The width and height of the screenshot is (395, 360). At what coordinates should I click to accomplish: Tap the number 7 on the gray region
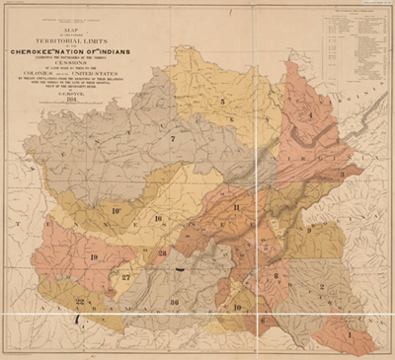click(172, 139)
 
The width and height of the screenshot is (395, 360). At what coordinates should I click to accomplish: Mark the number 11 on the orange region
click(237, 207)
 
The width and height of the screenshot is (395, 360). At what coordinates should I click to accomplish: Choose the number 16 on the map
click(157, 219)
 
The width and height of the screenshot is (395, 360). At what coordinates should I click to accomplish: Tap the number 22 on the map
click(80, 301)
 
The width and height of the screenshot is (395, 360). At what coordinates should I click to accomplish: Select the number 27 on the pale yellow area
click(126, 278)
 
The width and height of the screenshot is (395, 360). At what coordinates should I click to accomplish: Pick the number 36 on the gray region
click(175, 301)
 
